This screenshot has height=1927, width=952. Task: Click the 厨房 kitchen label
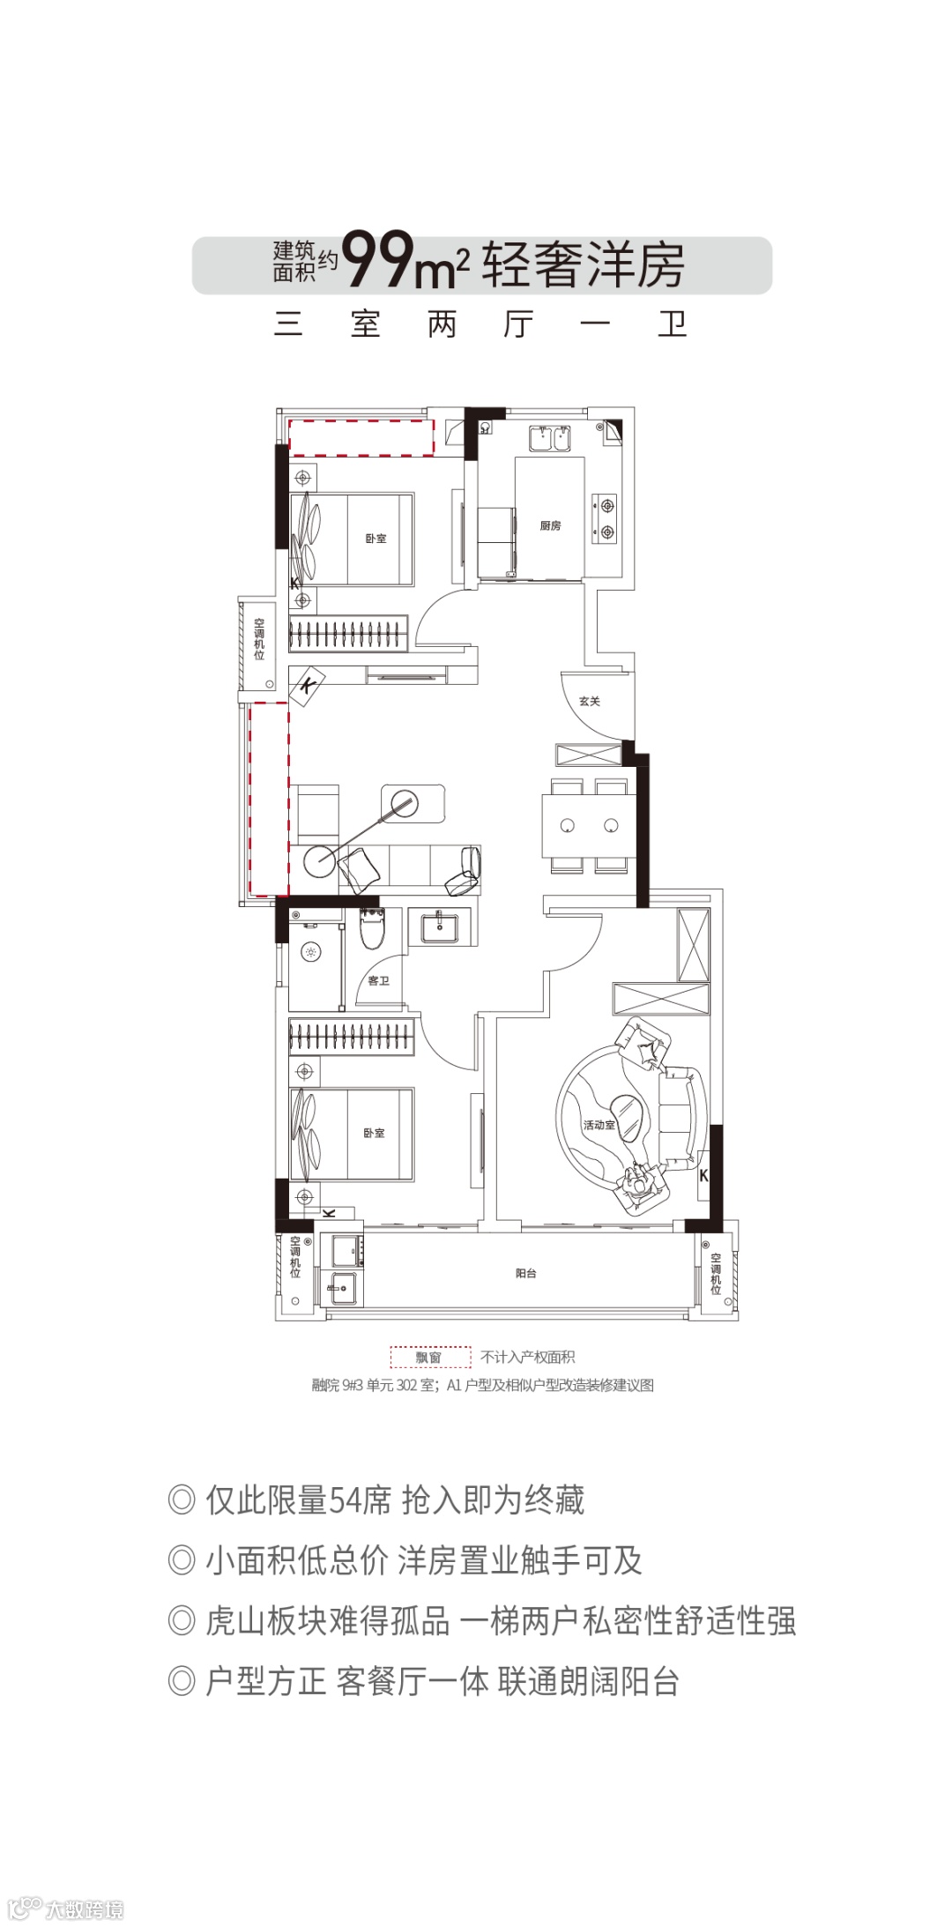click(x=550, y=525)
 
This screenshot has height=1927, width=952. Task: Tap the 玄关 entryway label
click(x=590, y=701)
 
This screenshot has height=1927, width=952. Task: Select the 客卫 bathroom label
click(x=378, y=980)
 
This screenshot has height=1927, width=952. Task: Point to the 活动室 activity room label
click(x=599, y=1125)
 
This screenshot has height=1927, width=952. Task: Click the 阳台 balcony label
click(x=525, y=1273)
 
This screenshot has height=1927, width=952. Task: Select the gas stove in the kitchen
click(x=606, y=518)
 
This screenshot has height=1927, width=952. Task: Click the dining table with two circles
click(x=589, y=826)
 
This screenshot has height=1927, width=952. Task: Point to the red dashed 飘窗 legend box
click(x=430, y=1357)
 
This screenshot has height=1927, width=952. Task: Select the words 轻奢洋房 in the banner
click(x=583, y=264)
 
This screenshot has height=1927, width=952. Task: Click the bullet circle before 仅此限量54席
click(x=182, y=1499)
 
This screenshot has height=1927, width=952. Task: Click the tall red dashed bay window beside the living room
click(x=270, y=799)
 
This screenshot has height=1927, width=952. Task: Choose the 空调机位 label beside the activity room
click(x=716, y=1274)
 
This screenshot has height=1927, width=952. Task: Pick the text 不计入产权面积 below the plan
click(x=528, y=1358)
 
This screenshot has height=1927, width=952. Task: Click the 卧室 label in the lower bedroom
click(x=375, y=1133)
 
